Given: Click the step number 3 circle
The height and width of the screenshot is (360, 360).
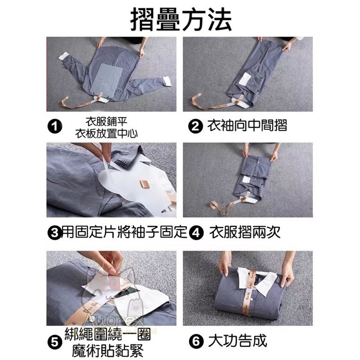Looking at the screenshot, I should (x=54, y=233).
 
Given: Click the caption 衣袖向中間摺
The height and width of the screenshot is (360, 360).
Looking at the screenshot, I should (x=247, y=126).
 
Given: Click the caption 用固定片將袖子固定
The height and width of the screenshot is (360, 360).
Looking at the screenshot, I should (x=124, y=233).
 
